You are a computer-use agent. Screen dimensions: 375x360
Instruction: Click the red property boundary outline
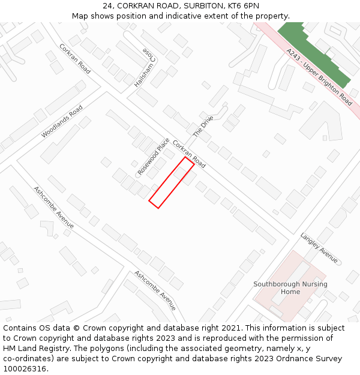point(172,183)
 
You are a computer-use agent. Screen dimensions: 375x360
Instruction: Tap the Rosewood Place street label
point(154,157)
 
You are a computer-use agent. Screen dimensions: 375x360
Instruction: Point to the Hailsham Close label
point(145,68)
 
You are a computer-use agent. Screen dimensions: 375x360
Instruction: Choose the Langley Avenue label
point(319,248)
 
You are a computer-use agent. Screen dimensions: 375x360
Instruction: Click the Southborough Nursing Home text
point(290,288)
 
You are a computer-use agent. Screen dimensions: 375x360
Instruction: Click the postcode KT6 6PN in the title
point(244,5)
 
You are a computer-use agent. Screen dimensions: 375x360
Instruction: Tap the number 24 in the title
point(107,5)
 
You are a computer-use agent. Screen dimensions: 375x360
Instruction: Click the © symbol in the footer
point(76,328)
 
